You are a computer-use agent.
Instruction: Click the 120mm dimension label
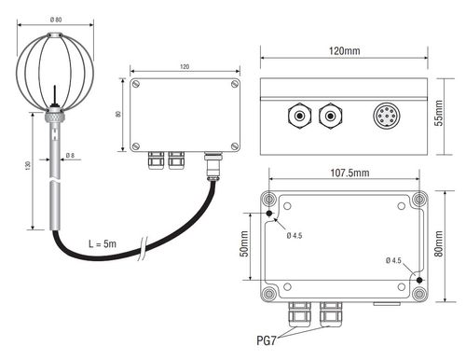pos(345,50)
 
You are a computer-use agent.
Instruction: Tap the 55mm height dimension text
pos(439,113)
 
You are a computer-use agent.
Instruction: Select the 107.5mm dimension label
pos(349,173)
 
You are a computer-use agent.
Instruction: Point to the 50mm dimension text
pos(244,243)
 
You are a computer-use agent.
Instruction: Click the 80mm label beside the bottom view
pos(439,243)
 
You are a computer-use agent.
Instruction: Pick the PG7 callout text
pos(267,340)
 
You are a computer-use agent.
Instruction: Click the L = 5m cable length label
pos(103,243)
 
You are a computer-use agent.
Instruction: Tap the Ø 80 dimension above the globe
pos(56,20)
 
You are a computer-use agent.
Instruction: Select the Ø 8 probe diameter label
pos(70,155)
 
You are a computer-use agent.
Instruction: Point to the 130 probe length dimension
pos(28,165)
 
